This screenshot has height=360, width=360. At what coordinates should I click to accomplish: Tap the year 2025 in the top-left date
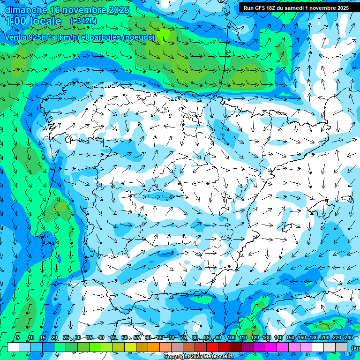[119, 10]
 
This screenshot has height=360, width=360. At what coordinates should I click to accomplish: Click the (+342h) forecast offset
[83, 21]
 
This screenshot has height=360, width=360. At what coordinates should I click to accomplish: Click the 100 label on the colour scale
[231, 337]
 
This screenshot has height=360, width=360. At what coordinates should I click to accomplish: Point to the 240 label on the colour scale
[348, 337]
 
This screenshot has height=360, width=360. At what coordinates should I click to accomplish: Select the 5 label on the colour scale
[18, 337]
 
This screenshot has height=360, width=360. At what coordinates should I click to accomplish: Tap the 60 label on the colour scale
[148, 337]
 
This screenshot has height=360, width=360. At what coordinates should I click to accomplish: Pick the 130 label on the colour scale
[266, 337]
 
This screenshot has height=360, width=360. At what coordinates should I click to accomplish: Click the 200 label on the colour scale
[325, 337]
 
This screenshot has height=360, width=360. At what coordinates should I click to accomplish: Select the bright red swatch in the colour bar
[212, 347]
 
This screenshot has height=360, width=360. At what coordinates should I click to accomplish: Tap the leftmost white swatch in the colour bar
[13, 347]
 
